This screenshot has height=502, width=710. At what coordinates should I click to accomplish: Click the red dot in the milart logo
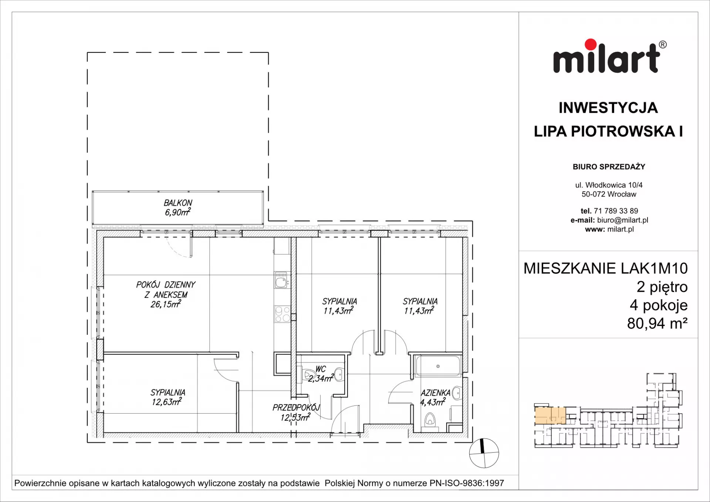pos(591,44)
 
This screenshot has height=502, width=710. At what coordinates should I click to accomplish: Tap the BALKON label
pos(178,203)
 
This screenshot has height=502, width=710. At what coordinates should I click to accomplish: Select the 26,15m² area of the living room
pos(166,304)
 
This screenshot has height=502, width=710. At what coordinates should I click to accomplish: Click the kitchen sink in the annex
pos(281,280)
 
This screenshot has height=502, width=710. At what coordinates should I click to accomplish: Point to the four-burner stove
pos(283,314)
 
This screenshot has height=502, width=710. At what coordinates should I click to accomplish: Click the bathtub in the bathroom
pos(438,366)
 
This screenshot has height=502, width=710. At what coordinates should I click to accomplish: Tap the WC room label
pos(321,369)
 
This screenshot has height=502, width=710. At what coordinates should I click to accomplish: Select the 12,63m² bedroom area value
pos(167,402)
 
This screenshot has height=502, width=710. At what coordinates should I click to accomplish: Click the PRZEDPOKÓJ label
pos(296,408)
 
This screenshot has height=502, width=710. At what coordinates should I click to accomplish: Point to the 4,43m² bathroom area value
pos(433,402)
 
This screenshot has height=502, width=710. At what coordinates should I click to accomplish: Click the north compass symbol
pos(484,453)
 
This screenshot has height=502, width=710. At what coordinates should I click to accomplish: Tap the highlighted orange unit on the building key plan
pos(550,415)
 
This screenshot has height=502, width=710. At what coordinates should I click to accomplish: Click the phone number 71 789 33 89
pos(616,211)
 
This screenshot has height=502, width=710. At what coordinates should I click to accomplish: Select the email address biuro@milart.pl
pos(623,220)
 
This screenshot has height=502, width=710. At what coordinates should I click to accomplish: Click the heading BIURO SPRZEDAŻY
pos(609,167)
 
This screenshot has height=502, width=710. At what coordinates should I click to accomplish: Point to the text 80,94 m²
pos(657,323)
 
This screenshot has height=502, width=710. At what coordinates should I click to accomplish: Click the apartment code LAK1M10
pos(654,269)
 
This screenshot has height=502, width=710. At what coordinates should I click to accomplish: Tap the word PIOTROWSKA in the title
pos(623,131)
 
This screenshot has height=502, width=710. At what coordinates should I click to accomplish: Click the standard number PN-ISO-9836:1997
pos(467,483)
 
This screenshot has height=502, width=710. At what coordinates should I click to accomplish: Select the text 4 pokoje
pos(659,306)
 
